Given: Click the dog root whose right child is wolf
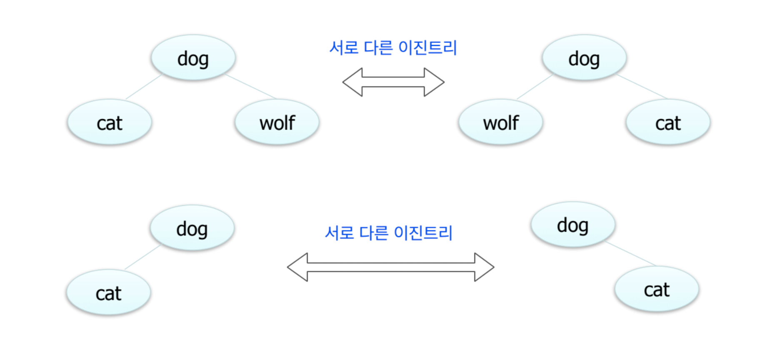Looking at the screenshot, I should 193,58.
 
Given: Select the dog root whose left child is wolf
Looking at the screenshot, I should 584,58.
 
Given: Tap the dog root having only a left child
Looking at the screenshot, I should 192,228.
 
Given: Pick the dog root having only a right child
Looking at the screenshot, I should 572,225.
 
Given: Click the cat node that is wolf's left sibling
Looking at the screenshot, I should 110,122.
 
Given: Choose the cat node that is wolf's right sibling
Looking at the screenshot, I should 668,122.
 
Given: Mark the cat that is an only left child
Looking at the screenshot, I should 108,293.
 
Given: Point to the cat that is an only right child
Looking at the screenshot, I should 657,289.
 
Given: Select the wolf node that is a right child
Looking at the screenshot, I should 277,122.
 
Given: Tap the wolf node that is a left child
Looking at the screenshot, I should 500,122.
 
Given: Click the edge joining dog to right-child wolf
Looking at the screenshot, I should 251,87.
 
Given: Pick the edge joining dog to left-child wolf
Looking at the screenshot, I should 535,87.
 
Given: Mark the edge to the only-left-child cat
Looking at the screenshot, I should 142,257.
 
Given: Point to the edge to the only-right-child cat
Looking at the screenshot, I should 630,253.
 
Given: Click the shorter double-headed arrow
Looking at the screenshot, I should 393,82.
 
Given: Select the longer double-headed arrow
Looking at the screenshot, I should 390,267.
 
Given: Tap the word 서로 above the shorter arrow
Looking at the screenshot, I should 344,48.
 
